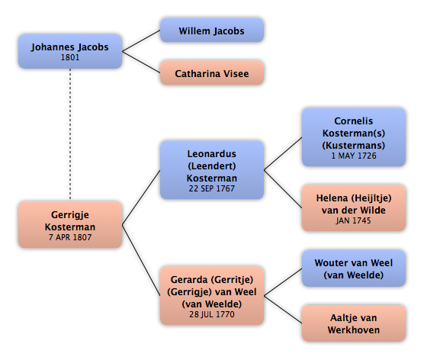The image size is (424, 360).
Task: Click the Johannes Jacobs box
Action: point(70,51)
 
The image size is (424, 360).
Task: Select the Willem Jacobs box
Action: point(212,31)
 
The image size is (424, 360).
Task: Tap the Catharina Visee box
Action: point(212,72)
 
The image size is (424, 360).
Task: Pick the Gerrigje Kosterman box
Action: point(70,225)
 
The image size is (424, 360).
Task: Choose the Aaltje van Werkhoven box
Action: point(354,323)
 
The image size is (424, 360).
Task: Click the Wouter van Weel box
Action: point(354,268)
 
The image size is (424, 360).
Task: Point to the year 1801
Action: point(70,57)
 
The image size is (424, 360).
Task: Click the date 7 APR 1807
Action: point(70,237)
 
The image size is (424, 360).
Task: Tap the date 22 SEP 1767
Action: point(212,188)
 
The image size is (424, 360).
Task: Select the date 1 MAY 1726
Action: point(354,156)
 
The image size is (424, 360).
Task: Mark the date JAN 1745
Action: point(353,220)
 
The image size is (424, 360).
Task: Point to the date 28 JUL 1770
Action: point(212,314)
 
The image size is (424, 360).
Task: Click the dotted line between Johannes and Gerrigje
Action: point(70,134)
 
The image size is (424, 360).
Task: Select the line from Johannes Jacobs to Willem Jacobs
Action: point(141,41)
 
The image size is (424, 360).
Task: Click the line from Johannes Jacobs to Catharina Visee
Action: point(141,62)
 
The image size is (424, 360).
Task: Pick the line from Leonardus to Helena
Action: point(283,189)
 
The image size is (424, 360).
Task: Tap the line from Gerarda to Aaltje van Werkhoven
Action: point(283,310)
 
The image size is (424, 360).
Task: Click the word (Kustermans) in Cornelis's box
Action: point(353,146)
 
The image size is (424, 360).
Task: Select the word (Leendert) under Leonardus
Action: point(212,166)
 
